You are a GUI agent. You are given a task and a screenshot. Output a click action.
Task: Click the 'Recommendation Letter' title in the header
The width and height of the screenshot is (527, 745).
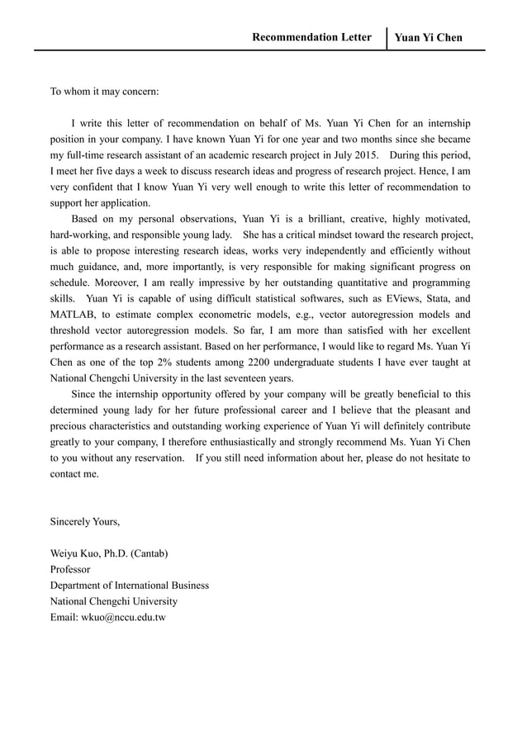pos(311,37)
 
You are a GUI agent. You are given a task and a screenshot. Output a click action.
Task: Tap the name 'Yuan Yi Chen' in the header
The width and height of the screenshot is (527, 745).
pos(428,38)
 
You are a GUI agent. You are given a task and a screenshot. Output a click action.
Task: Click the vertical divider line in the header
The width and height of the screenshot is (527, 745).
pos(387,38)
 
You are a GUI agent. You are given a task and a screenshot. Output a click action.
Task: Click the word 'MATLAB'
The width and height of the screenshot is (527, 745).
pos(73,315)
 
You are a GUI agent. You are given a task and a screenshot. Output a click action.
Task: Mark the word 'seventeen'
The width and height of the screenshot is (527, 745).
pos(234,377)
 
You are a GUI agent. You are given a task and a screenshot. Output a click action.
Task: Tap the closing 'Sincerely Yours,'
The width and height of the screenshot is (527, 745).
pos(85,521)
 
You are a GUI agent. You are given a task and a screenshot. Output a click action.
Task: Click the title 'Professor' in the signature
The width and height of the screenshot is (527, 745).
pos(70,569)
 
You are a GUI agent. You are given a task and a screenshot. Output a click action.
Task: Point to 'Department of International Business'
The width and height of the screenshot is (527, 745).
pos(130,585)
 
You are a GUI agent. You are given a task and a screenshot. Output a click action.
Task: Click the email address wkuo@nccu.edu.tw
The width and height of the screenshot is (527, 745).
pos(108,617)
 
